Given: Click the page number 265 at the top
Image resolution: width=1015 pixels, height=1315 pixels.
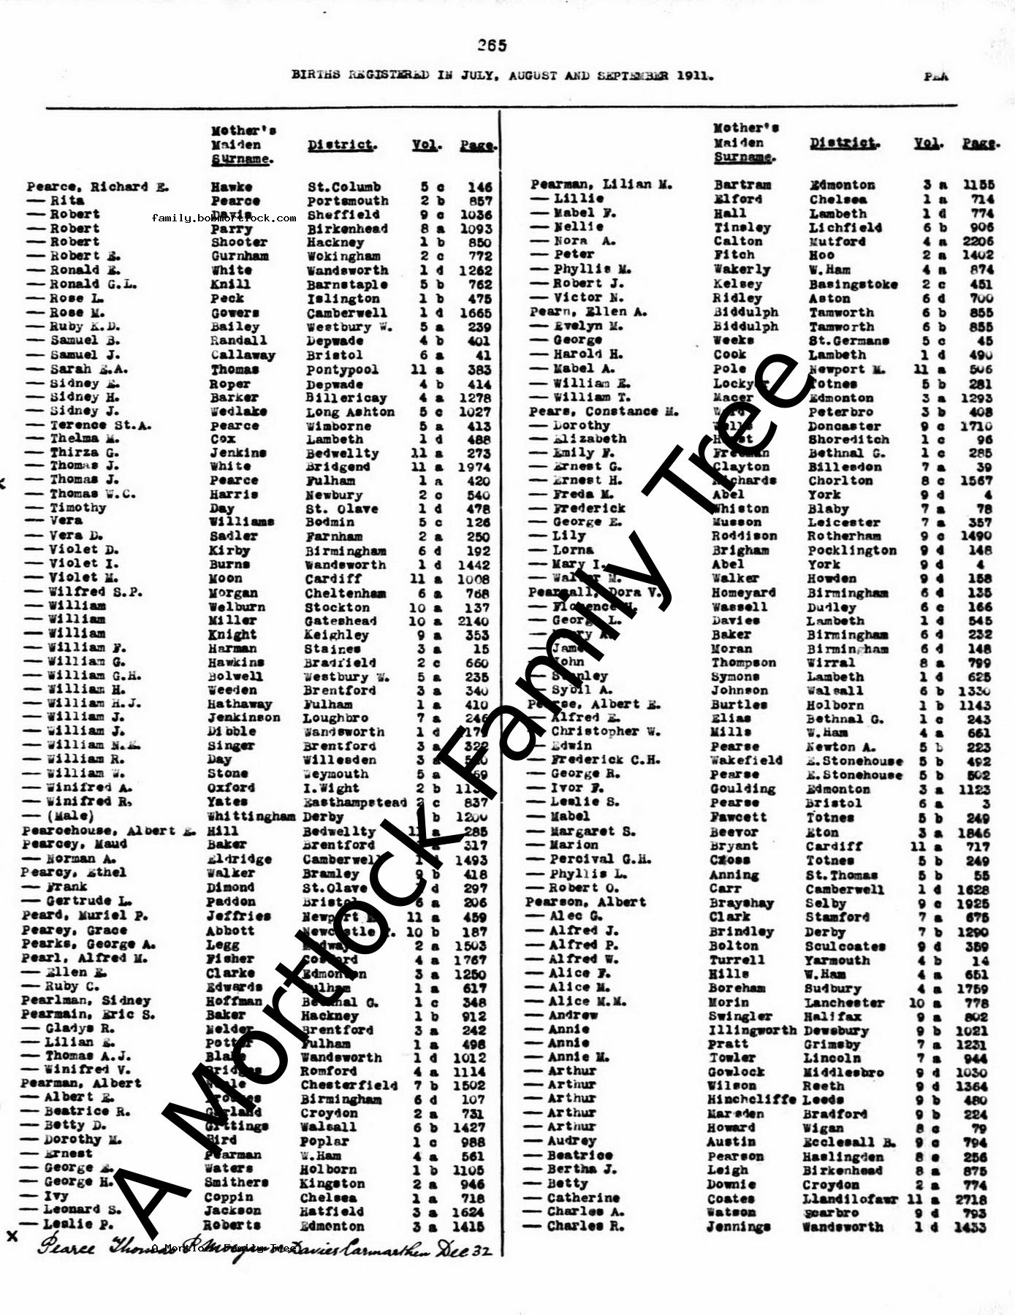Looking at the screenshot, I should [x=492, y=45].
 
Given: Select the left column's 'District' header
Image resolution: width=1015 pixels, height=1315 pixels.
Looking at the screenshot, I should [x=341, y=145].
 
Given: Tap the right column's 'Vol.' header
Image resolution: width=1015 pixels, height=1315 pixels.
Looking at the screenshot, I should [x=927, y=143].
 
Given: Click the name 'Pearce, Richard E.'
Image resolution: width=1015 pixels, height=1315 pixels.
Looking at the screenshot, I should [x=98, y=187].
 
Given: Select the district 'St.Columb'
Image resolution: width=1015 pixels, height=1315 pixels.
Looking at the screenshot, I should [x=343, y=187].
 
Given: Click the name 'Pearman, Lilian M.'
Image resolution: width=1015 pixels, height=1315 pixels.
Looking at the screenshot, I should [x=601, y=185].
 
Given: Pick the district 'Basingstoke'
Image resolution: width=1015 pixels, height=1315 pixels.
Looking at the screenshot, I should [x=853, y=283].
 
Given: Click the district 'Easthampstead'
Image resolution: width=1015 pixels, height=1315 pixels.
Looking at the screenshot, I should [x=354, y=802].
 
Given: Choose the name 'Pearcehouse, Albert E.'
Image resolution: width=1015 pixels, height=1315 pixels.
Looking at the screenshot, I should [x=108, y=831].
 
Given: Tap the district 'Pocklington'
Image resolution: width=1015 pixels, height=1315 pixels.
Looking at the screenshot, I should [x=851, y=550].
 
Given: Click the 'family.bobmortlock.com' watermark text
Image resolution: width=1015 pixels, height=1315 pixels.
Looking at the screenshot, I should [x=224, y=218].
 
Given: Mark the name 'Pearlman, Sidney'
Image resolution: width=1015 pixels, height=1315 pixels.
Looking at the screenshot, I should [x=85, y=1000].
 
